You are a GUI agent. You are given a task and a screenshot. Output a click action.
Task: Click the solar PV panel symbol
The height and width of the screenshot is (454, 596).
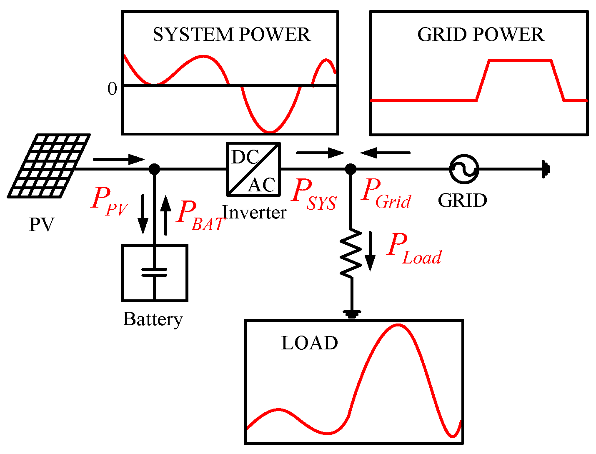[x=49, y=166]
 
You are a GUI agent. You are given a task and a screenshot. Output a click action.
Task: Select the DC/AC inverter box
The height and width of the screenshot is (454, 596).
[x=253, y=169]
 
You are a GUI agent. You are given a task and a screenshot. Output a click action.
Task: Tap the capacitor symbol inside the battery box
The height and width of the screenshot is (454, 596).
[x=154, y=272]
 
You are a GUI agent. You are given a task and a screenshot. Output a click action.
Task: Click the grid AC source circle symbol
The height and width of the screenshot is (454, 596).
[x=464, y=169]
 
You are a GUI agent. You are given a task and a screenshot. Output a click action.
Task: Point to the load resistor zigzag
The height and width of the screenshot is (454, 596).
[x=351, y=253]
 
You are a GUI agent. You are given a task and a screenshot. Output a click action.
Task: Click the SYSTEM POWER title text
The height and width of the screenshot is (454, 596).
[x=232, y=35]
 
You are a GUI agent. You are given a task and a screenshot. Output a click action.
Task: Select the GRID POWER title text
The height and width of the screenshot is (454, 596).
[x=481, y=35]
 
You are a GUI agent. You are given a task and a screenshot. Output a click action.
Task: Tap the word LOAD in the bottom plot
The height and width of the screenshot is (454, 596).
[x=309, y=343]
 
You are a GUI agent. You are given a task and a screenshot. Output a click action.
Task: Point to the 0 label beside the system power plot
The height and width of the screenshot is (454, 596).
[x=112, y=89]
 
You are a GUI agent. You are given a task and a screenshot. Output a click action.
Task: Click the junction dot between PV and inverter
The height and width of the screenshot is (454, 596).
[x=154, y=169]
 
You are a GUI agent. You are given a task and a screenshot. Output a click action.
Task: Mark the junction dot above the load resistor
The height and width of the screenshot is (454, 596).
[x=351, y=169]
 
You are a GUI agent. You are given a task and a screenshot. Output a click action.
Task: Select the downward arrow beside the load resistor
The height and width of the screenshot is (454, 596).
[x=370, y=252]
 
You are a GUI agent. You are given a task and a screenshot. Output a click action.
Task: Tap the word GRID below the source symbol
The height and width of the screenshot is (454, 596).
[x=462, y=201]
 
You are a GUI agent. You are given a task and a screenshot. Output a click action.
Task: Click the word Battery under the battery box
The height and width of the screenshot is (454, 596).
[x=153, y=319]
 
